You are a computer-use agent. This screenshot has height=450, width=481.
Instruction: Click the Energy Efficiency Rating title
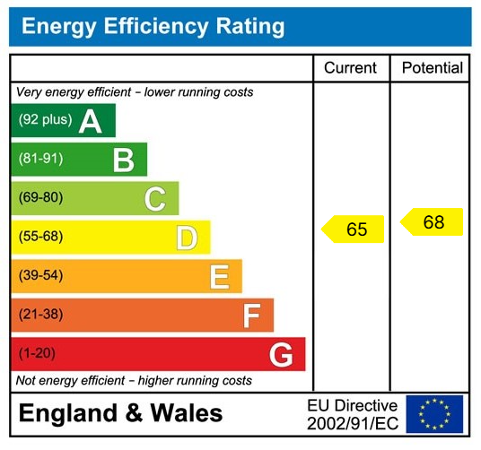[x=153, y=26]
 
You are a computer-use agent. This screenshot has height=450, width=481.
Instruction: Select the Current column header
[x=350, y=68]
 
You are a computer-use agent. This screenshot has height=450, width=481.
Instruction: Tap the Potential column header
[x=432, y=68]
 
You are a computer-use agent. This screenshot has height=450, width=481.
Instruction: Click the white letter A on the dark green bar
[x=90, y=121]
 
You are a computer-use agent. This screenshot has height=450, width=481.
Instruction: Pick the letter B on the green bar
[x=123, y=160]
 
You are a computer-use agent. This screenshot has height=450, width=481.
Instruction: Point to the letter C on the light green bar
[x=155, y=199]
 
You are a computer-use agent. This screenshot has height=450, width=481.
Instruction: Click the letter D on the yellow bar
[x=187, y=238]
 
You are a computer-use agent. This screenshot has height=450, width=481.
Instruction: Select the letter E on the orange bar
[x=219, y=277]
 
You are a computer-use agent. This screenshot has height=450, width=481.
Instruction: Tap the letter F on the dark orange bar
[x=251, y=316]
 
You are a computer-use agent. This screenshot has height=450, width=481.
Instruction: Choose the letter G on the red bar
[x=282, y=355]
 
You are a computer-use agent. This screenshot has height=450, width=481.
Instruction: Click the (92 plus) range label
[x=45, y=120]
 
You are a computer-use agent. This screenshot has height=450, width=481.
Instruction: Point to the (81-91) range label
[x=41, y=160]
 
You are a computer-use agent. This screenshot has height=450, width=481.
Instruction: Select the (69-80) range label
[x=41, y=198]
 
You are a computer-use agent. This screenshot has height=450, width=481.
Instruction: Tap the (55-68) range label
[x=41, y=238]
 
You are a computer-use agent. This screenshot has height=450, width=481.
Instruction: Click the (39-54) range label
[x=41, y=276]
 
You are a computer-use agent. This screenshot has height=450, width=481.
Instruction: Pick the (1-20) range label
[x=37, y=354]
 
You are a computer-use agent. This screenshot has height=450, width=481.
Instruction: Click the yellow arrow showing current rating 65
[x=353, y=229]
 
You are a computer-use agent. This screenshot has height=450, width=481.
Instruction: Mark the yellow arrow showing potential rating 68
[x=432, y=222]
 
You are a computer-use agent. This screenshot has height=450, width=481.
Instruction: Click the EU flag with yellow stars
[x=434, y=414]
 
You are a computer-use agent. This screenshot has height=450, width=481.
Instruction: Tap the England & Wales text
[x=121, y=413]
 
